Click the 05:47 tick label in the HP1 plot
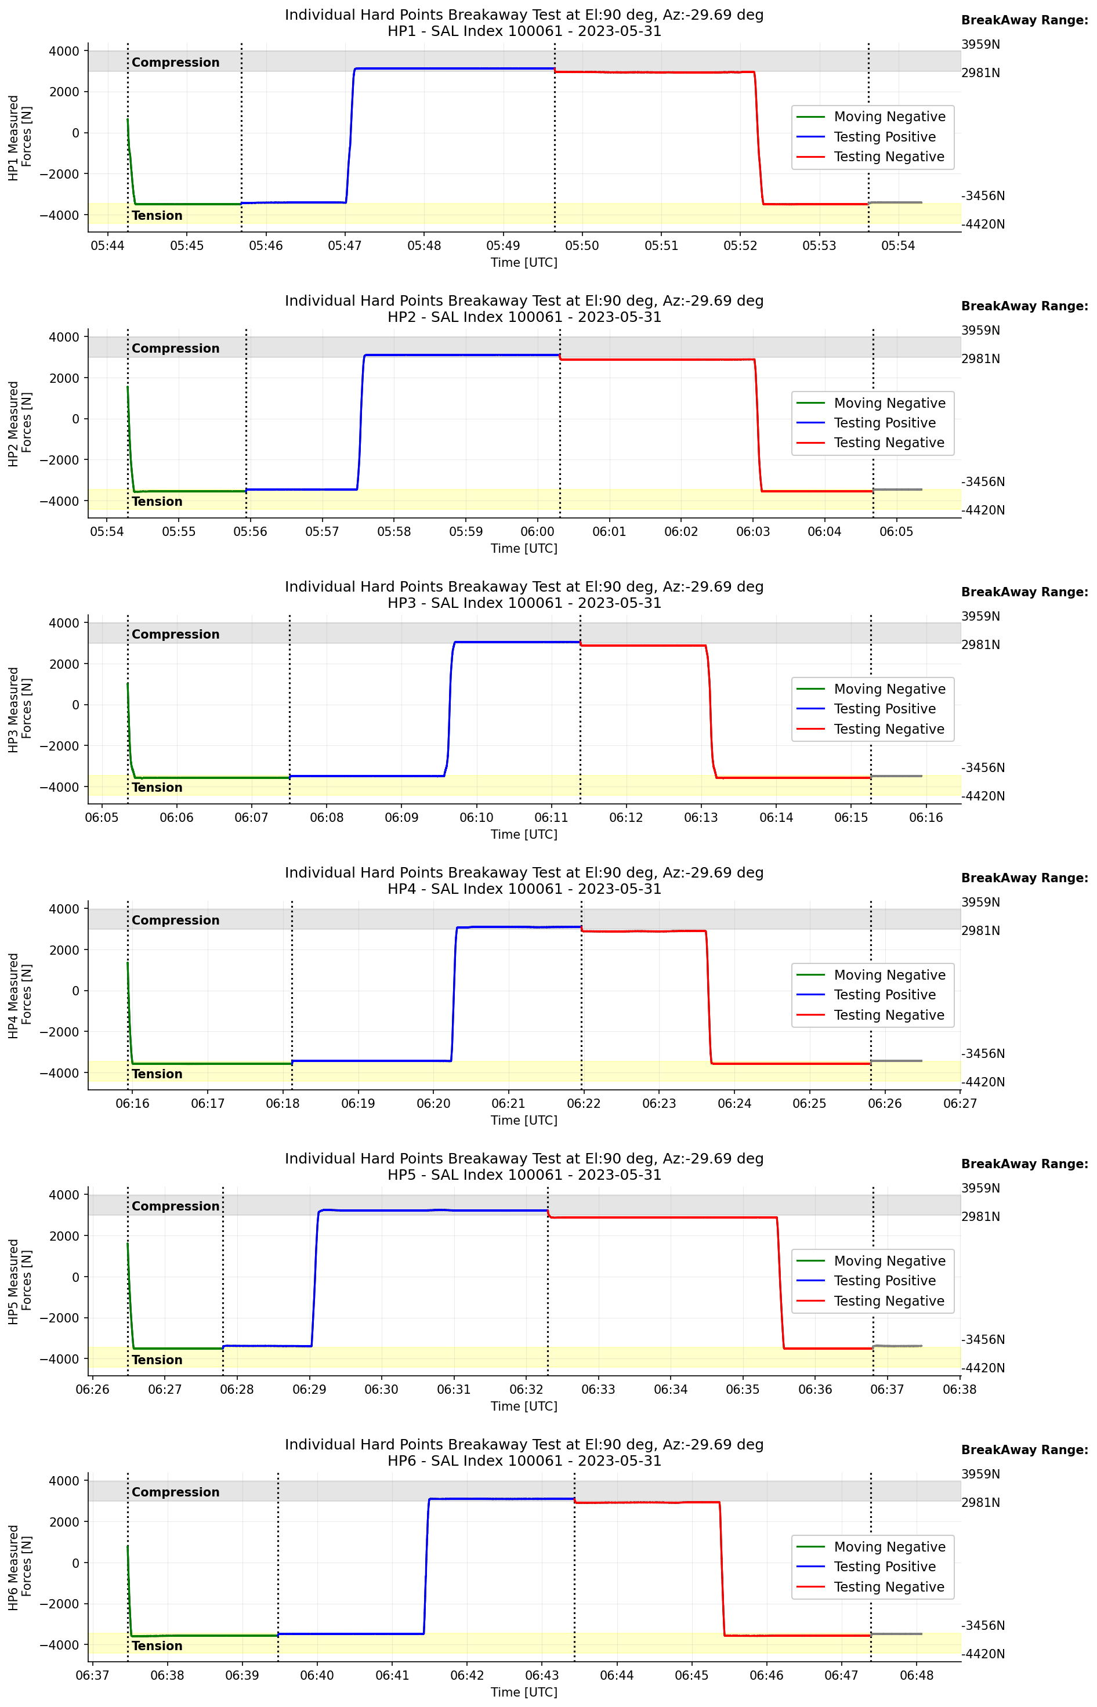(345, 246)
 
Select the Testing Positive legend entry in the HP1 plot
(884, 137)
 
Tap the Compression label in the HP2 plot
(175, 348)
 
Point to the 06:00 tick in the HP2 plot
(537, 532)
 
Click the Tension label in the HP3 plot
(157, 788)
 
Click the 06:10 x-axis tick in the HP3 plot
(476, 817)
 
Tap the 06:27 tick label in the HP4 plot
(960, 1104)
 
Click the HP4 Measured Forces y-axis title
(20, 995)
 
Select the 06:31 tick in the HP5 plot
(454, 1389)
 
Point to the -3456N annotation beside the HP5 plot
(983, 1339)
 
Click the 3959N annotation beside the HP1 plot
(980, 45)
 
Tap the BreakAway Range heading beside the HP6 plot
(1024, 1450)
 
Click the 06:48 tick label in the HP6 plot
(916, 1676)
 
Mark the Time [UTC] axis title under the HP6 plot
(524, 1692)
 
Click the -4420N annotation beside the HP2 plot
(983, 510)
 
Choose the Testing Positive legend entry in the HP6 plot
(884, 1567)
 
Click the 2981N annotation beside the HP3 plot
(980, 644)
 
